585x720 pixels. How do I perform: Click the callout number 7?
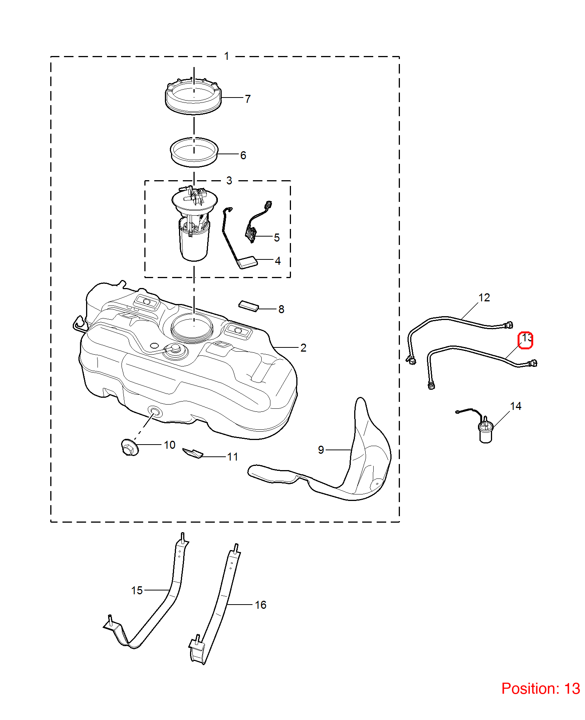pos(248,99)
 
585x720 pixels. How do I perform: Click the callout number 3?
pos(229,181)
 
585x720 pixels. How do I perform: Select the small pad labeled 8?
pos(249,306)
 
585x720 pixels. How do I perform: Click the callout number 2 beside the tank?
pos(304,348)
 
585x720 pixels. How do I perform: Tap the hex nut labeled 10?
pos(130,447)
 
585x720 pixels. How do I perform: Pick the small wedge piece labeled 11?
pos(193,453)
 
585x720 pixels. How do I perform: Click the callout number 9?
pos(321,450)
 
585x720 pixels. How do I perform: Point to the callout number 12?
pos(484,298)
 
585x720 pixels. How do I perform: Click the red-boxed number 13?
pos(526,340)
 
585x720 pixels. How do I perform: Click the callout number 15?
pos(137,590)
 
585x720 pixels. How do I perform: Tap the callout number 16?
pos(261,605)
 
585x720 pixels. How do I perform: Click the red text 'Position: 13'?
pos(541,689)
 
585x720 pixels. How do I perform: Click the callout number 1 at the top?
pos(227,56)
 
